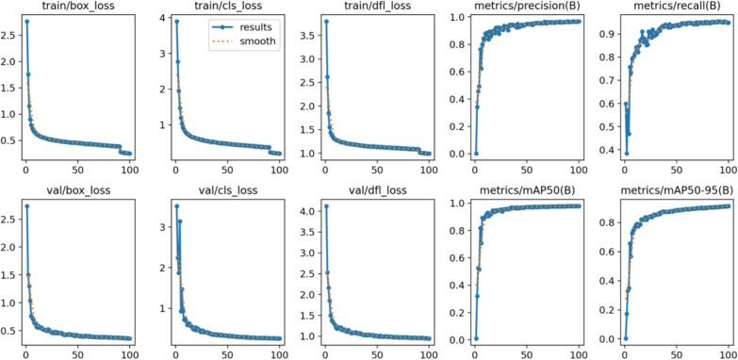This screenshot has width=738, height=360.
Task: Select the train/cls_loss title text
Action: coord(214,7)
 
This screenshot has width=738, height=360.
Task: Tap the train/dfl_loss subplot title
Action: coord(364,7)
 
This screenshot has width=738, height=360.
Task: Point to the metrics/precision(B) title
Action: coord(514,7)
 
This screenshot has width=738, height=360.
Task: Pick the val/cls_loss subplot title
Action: coord(214,189)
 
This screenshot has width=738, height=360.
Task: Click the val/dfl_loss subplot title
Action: coord(364,189)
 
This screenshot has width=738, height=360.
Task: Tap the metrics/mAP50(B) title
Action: coord(514,189)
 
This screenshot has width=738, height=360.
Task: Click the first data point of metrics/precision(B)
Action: coord(475,153)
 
